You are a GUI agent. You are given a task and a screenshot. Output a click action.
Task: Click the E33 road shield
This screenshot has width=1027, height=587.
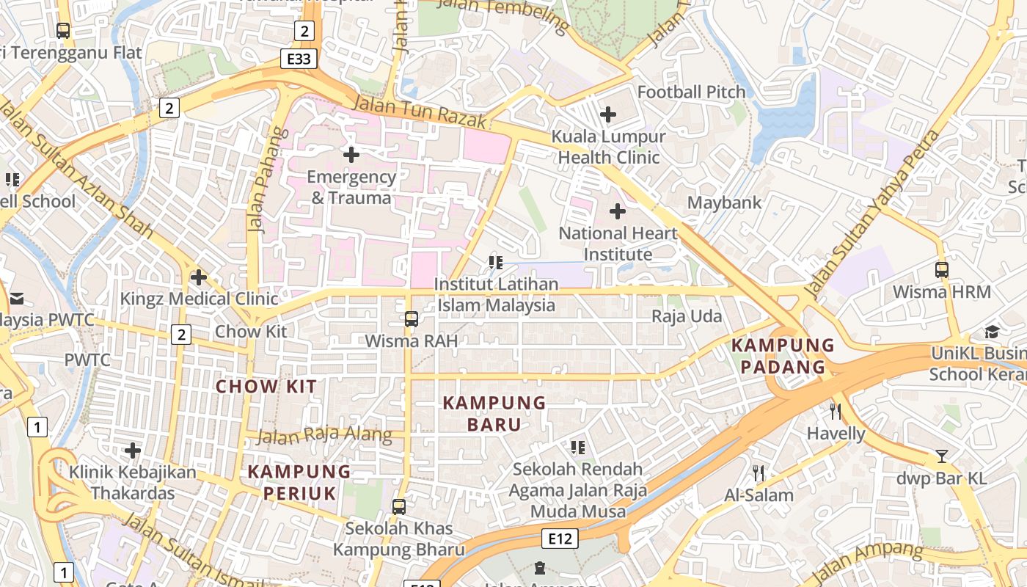299,59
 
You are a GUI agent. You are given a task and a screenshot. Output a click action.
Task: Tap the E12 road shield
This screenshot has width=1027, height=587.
560,539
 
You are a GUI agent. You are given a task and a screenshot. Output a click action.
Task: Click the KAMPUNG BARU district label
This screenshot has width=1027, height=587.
494,413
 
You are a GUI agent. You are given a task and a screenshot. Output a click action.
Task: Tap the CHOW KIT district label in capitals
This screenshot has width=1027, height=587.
266,387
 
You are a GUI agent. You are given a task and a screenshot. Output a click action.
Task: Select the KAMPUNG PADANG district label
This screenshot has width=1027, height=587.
783,356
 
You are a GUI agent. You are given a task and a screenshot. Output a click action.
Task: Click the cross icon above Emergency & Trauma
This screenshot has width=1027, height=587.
351,155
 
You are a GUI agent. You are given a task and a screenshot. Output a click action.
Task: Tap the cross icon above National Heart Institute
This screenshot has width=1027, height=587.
618,212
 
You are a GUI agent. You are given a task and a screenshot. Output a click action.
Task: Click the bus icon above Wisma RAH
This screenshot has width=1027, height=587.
412,319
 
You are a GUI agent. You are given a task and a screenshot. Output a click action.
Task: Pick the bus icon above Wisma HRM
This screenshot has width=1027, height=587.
942,269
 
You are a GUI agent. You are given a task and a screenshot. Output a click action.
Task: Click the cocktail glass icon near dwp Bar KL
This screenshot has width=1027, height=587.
942,456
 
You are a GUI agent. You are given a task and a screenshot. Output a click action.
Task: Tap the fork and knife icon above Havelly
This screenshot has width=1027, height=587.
835,411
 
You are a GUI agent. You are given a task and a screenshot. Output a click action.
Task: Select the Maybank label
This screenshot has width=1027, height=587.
724,203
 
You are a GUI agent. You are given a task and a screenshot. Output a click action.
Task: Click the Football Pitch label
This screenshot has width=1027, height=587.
691,92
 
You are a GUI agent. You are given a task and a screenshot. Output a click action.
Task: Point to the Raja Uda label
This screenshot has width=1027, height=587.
687,317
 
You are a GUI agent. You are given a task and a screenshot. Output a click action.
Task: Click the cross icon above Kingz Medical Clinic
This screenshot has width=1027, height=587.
198,277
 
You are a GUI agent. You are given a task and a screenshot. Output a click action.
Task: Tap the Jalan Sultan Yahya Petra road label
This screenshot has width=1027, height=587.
872,214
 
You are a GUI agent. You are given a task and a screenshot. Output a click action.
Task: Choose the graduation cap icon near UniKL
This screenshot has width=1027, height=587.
993,332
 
